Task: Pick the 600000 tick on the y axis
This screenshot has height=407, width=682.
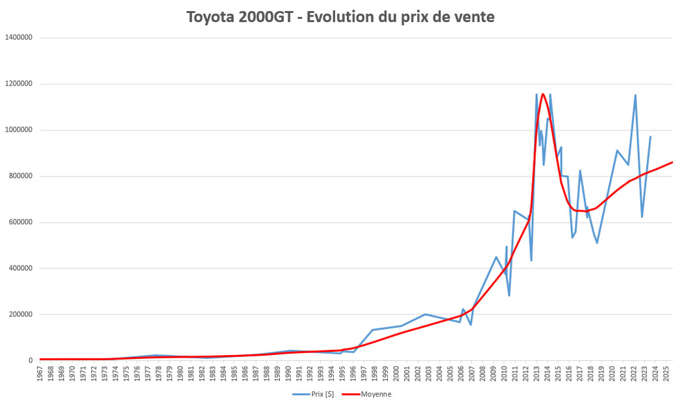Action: [x=21, y=222]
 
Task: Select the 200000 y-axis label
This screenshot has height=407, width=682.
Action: [x=21, y=314]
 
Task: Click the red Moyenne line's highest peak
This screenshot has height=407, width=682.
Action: [x=543, y=94]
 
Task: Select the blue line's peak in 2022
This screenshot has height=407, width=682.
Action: [x=635, y=95]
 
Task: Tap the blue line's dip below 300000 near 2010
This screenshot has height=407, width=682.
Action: [x=509, y=295]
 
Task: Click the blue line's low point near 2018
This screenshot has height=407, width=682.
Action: [x=597, y=243]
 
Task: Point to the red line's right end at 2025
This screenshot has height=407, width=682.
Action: [x=672, y=162]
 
